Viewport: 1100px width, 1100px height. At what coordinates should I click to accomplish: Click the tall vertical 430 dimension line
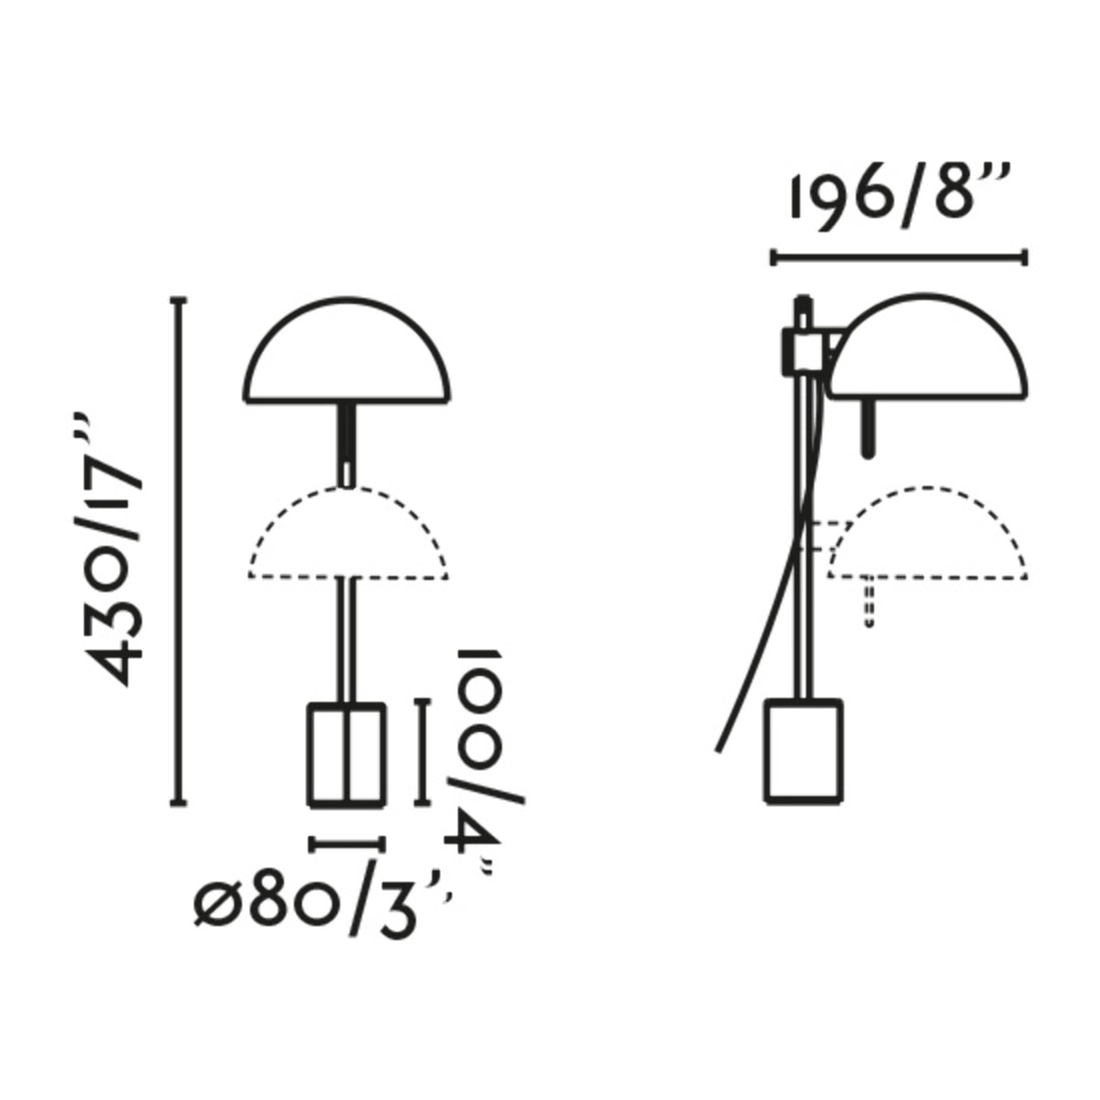click(x=180, y=552)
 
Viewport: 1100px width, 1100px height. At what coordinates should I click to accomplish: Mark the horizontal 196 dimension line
click(x=899, y=258)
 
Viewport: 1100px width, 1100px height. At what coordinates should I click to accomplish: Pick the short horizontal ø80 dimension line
click(x=346, y=844)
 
